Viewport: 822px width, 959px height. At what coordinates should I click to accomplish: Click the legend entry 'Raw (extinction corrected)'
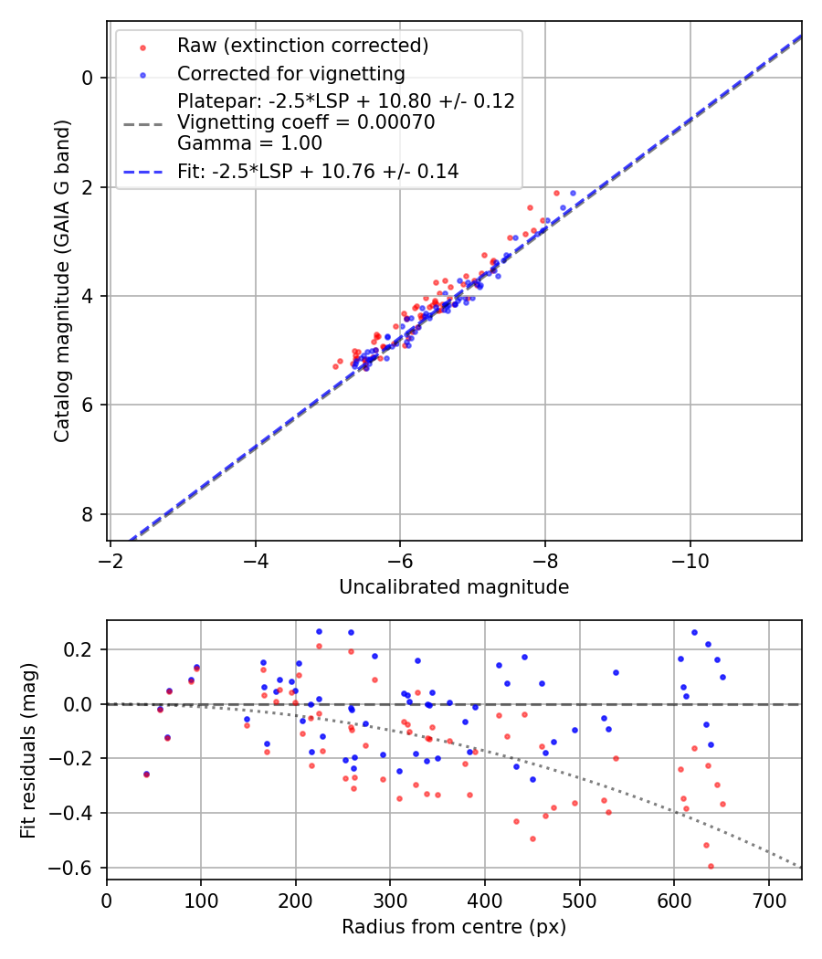[x=302, y=46]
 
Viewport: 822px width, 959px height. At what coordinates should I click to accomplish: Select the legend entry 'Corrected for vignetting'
[x=290, y=73]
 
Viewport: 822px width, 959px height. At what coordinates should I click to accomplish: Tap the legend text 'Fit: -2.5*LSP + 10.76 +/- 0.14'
[x=318, y=171]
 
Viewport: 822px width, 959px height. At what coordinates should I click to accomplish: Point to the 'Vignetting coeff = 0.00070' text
[x=306, y=122]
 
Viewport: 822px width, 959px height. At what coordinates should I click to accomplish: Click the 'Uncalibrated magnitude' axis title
[x=454, y=587]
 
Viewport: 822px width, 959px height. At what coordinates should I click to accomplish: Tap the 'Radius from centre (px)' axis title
[x=454, y=927]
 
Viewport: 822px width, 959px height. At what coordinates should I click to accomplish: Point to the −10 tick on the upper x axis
[x=690, y=559]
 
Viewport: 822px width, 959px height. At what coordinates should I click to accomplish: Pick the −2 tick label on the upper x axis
[x=111, y=559]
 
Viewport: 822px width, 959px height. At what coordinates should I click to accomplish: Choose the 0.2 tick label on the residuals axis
[x=80, y=649]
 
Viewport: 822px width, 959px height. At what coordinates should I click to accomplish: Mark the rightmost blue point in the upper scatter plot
[x=574, y=193]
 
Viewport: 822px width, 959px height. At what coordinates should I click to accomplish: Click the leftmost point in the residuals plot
[x=146, y=774]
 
